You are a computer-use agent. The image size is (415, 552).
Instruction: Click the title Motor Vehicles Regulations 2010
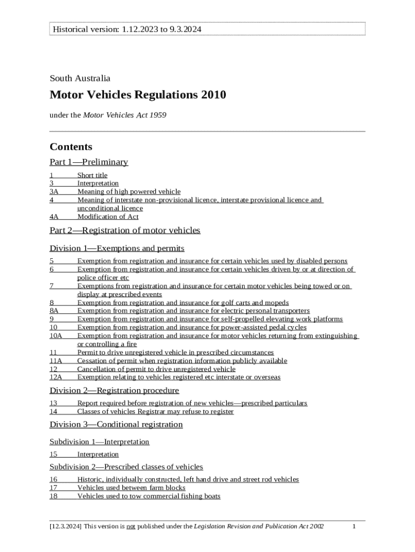tap(138, 95)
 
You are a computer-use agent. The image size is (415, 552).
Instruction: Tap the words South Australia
tap(80, 78)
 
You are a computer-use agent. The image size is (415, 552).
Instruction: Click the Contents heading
tap(71, 147)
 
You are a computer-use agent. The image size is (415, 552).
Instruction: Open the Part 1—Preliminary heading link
tap(89, 162)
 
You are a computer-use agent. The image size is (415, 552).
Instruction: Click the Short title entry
tap(92, 175)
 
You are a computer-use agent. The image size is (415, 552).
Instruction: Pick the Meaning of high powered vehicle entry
tap(129, 191)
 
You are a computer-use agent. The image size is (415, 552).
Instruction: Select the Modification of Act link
tap(108, 217)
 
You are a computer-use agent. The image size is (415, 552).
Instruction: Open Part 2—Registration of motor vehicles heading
tap(124, 230)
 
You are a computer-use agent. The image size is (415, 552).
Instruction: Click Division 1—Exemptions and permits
tap(117, 249)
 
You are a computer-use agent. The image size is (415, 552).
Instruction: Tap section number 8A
tap(54, 311)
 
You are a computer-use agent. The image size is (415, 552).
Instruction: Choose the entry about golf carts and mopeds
tap(183, 303)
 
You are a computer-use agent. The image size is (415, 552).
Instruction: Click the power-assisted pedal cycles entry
tap(192, 327)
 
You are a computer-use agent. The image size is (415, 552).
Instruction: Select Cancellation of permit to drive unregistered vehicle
tap(156, 369)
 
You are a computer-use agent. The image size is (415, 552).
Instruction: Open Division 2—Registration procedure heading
tap(114, 390)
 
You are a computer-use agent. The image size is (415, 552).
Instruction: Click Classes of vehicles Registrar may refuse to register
tap(155, 412)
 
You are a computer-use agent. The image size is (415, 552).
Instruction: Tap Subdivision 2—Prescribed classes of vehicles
tap(126, 467)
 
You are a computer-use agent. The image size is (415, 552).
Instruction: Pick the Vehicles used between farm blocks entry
tap(131, 488)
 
